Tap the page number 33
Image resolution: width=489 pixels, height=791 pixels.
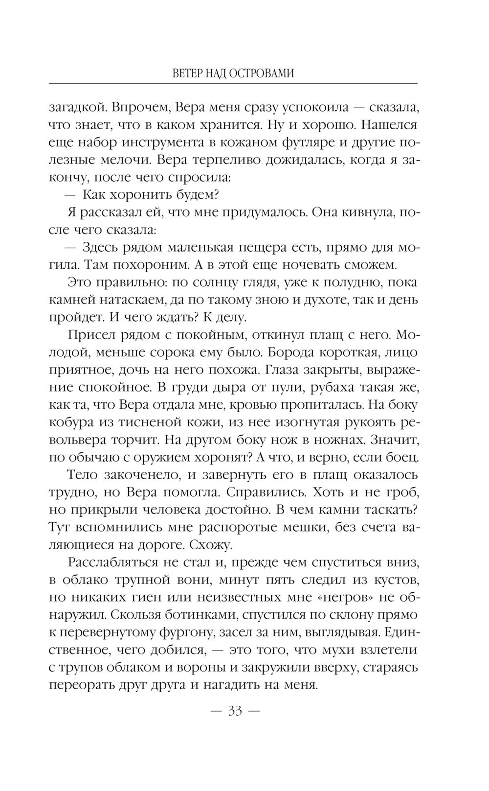(235, 711)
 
